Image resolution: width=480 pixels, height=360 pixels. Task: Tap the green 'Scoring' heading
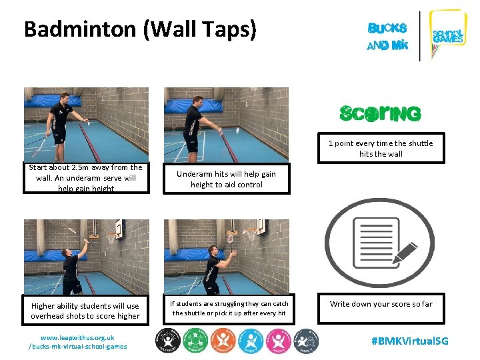[x=380, y=114]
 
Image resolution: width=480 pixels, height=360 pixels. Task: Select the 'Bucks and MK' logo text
[x=387, y=37]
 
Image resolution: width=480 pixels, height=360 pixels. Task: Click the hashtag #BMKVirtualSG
[x=410, y=341]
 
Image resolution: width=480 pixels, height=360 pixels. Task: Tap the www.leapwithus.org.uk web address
[x=77, y=337]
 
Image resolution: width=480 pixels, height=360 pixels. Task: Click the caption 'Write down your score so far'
[x=381, y=304]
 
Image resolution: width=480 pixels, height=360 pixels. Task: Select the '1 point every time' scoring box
[x=380, y=149]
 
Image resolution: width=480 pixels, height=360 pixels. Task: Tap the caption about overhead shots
[x=85, y=311]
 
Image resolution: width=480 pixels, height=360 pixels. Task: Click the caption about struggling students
[x=229, y=308]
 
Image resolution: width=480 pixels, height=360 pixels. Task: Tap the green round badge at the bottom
[x=195, y=341]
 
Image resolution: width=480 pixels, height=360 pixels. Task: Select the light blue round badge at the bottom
[x=251, y=341]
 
